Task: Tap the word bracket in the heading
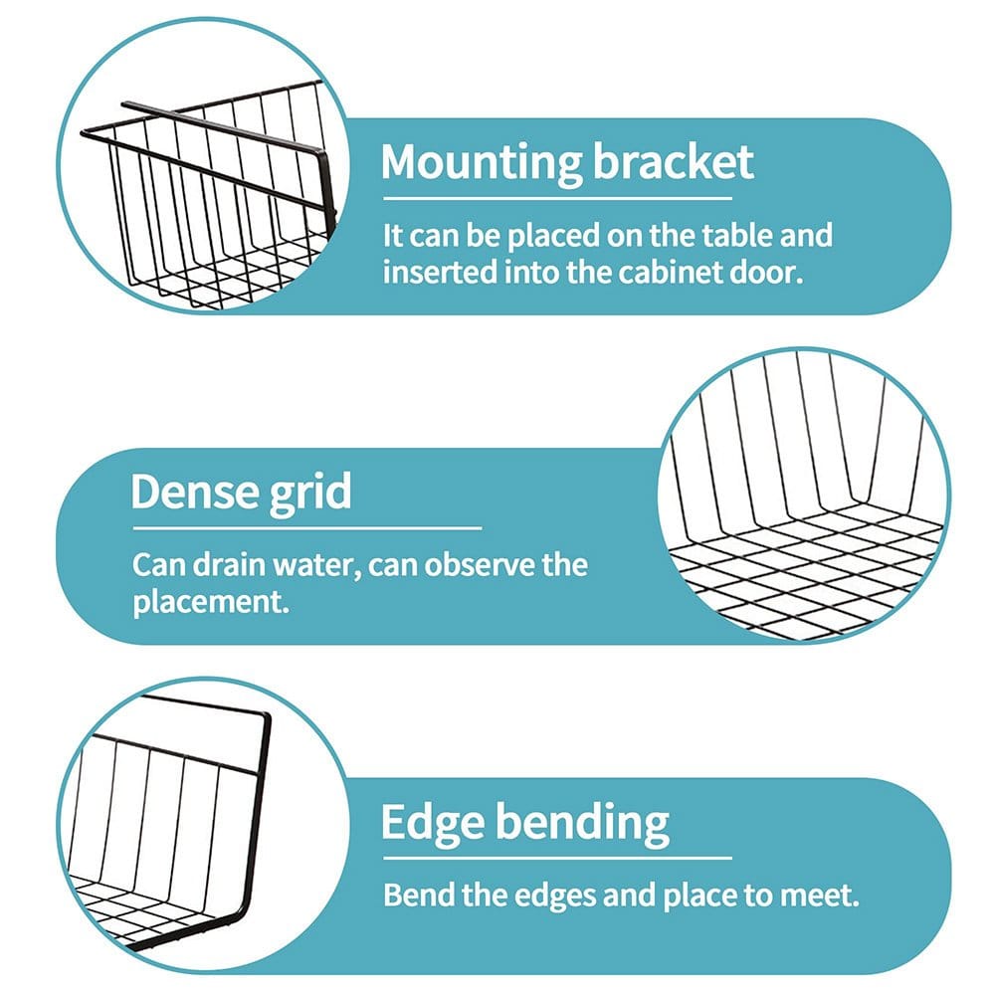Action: [673, 161]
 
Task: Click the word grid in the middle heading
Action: [310, 495]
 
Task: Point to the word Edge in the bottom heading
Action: [433, 823]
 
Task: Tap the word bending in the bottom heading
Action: [582, 823]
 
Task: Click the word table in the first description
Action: [736, 235]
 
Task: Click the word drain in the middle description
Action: [229, 564]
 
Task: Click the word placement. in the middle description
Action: [211, 602]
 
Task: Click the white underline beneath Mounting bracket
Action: [557, 199]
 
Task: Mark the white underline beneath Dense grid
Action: [307, 528]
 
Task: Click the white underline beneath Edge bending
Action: [557, 858]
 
